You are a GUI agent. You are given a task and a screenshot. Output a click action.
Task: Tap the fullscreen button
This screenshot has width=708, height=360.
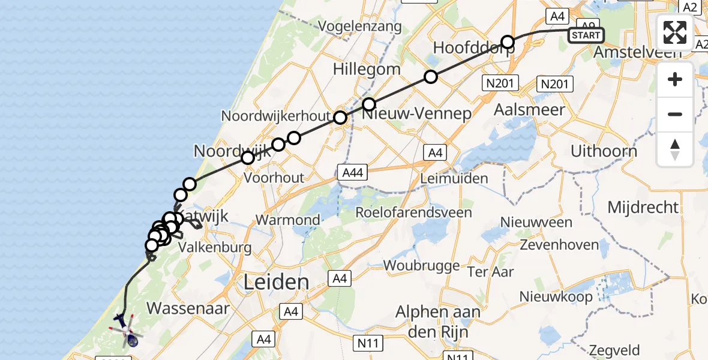pos(675,32)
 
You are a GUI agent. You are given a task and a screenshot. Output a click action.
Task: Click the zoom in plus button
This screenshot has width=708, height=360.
pos(675,79)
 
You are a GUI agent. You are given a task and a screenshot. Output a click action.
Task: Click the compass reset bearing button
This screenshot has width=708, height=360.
pos(675,149)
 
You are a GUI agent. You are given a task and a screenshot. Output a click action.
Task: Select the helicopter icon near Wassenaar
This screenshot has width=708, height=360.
pos(128,334)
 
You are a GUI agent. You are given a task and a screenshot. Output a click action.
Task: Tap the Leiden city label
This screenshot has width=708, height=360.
pos(277,282)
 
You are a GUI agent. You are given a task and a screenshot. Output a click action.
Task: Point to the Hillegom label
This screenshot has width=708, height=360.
pos(367,69)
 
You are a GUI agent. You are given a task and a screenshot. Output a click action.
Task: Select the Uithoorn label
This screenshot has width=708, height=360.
pos(603,151)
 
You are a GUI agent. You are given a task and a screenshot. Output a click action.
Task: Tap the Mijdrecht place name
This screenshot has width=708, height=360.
pos(643,208)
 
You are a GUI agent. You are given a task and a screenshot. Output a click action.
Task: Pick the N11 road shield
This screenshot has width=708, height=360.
pos(370,343)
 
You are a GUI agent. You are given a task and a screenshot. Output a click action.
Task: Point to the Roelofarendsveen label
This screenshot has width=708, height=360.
pos(413,212)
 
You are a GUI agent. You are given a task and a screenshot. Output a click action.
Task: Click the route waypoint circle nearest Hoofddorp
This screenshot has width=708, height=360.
pos(508,42)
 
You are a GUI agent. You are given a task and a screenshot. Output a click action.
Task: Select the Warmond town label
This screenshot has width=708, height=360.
pos(288,220)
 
